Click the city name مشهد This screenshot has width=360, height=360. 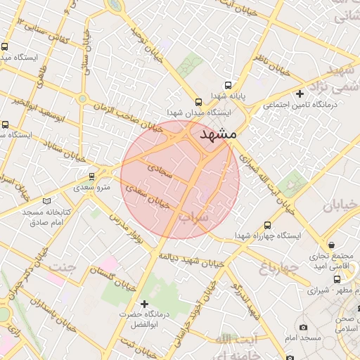click(219, 134)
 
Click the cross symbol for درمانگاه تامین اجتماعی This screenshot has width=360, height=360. click(300, 94)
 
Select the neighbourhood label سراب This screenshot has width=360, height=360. click(195, 217)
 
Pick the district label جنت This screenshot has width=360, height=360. click(62, 266)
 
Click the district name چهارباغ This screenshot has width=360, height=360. click(264, 268)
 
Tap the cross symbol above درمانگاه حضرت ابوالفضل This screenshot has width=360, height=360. click(145, 304)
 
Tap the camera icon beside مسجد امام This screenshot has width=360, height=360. click(303, 328)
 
